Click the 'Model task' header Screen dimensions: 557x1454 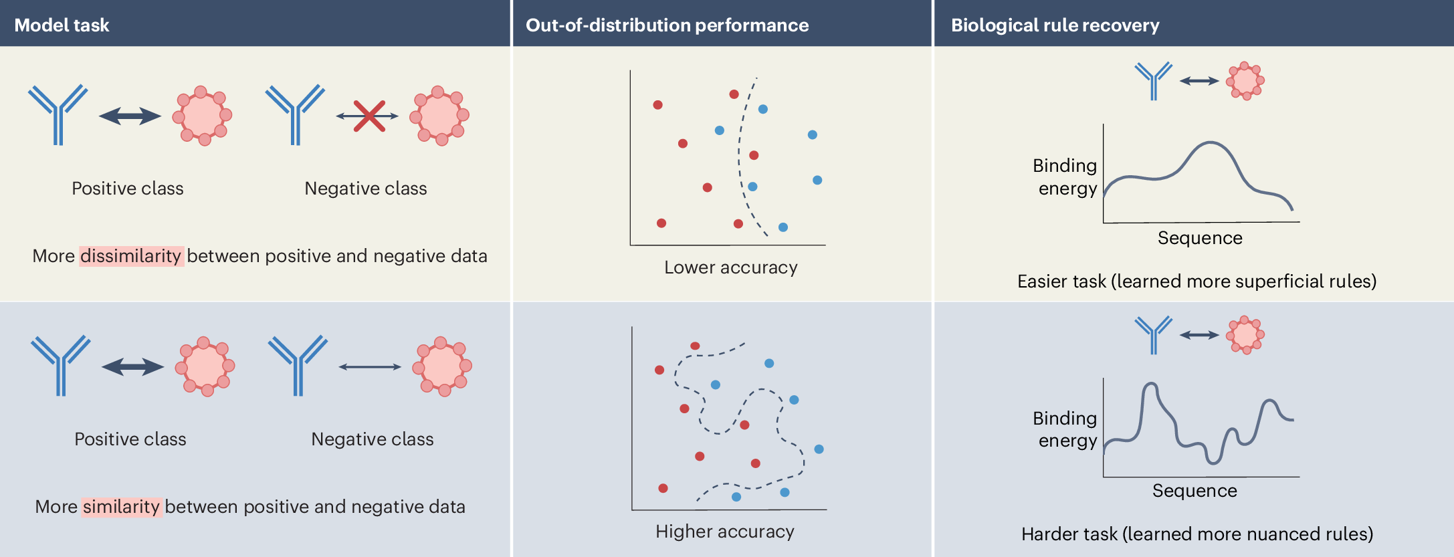[x=62, y=25]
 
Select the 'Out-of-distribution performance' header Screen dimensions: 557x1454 [x=667, y=25]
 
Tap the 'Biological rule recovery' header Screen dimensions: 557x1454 [x=1055, y=25]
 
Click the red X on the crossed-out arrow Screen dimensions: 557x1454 [x=369, y=116]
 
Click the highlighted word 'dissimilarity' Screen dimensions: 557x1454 [x=131, y=256]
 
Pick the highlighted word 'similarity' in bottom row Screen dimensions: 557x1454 [x=121, y=507]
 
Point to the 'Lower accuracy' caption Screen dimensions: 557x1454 [x=730, y=267]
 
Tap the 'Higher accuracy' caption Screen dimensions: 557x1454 [x=724, y=532]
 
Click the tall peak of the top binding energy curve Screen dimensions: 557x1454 [x=1210, y=144]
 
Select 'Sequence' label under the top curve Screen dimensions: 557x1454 [x=1200, y=238]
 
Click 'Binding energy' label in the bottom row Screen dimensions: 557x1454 [x=1066, y=429]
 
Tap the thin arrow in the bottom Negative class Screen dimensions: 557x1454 [x=370, y=366]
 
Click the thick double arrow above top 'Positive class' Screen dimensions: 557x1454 [x=130, y=116]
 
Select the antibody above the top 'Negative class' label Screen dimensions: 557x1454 [x=294, y=114]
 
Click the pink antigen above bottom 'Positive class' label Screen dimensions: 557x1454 [x=205, y=366]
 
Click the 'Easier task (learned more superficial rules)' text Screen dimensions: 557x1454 [x=1197, y=282]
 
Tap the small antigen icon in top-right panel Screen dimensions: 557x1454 [x=1245, y=81]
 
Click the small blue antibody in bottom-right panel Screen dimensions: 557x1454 [x=1153, y=334]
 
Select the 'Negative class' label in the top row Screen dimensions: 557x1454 [x=365, y=189]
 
